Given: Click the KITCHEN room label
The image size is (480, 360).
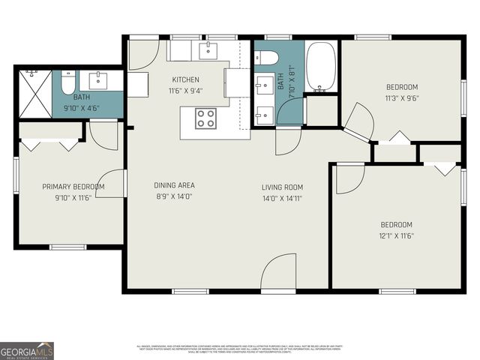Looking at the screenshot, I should (185, 79).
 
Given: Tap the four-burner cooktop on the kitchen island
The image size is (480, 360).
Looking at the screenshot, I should (205, 118).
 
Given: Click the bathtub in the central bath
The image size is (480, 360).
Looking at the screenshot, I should (322, 65).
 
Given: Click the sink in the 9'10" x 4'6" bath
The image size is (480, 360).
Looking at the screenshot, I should (94, 81).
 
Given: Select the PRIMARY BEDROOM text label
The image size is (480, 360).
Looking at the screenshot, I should (73, 187).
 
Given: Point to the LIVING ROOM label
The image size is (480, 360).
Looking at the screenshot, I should (282, 187).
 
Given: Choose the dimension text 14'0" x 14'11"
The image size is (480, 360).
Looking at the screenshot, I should (282, 198).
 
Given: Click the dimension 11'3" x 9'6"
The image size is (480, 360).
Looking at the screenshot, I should (401, 97).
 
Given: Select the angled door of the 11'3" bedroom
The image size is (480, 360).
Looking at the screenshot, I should (358, 122).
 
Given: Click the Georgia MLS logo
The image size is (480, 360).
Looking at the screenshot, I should (27, 350).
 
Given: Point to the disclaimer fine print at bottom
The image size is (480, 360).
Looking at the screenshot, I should (239, 349).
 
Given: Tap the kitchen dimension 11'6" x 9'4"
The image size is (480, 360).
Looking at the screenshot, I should (185, 91).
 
